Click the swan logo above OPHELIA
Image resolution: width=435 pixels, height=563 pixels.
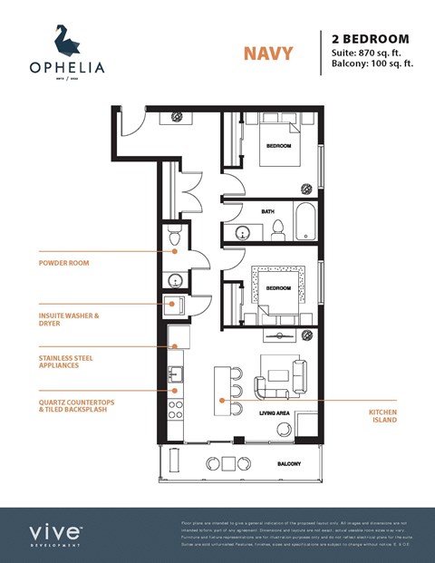pyautogui.click(x=65, y=40)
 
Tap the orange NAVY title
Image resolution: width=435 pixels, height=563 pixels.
pyautogui.click(x=267, y=53)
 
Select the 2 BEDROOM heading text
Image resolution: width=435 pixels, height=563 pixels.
pyautogui.click(x=371, y=39)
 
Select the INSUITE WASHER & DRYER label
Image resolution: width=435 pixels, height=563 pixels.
pyautogui.click(x=68, y=319)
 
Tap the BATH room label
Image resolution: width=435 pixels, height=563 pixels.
pyautogui.click(x=267, y=211)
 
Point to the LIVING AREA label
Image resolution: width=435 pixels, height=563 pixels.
pyautogui.click(x=274, y=413)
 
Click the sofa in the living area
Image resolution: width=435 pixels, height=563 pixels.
pyautogui.click(x=273, y=382)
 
